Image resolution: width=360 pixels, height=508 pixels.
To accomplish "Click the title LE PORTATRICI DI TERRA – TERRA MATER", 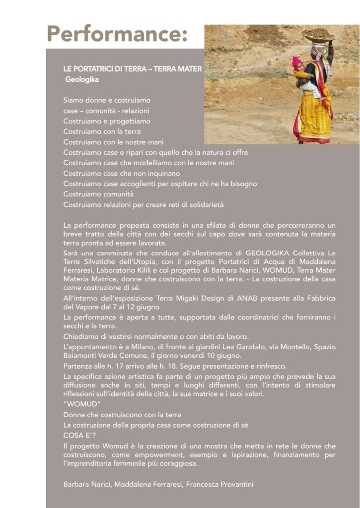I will [132, 69].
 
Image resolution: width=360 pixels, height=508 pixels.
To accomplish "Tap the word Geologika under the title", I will [82, 79].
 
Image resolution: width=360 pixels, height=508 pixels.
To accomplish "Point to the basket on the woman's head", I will [318, 36].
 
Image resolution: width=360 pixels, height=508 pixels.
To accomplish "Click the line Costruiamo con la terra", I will [102, 131].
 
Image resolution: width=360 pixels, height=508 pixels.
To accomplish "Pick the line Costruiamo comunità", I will [98, 194].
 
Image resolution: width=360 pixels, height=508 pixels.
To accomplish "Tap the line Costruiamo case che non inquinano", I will [122, 173].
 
